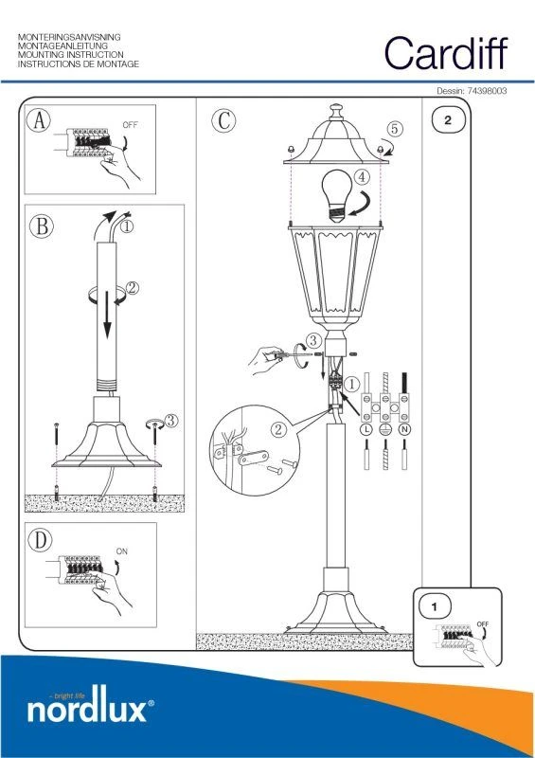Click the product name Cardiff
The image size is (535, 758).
446,53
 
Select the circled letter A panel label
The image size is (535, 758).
39,120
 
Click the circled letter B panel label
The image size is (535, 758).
42,226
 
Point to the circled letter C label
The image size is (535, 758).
223,120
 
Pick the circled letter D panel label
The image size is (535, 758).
40,540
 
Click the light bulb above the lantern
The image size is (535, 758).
337,195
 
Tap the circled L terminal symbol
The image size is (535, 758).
366,429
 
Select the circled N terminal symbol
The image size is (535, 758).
404,429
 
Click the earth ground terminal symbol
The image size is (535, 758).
385,429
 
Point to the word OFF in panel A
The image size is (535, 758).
130,125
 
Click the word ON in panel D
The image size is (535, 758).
122,551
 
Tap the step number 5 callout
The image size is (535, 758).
395,129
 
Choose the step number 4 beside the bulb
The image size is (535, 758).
363,177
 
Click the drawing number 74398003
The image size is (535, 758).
487,91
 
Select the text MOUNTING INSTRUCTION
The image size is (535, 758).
71,55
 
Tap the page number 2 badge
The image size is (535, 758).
448,120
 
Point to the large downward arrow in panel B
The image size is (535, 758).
107,315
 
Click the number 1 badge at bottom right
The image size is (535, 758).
435,606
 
